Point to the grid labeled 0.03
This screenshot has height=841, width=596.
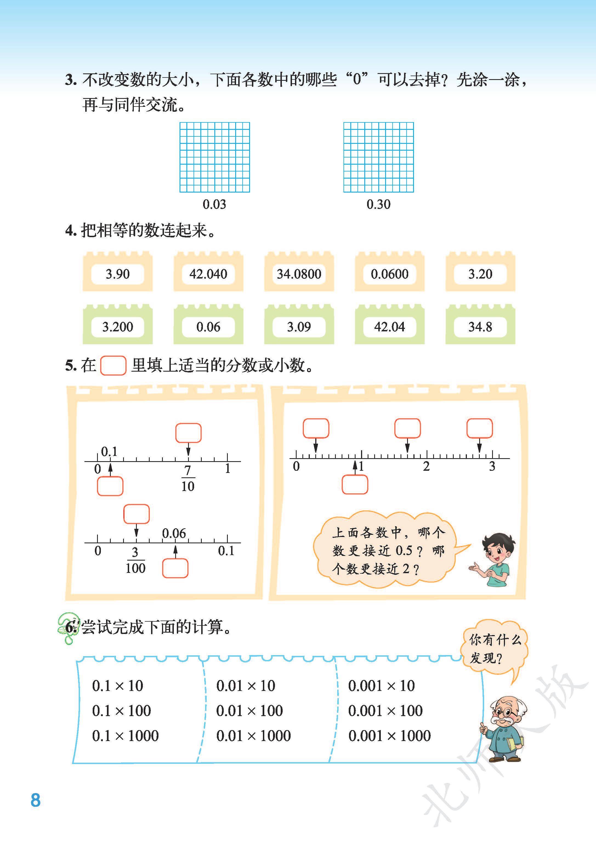tap(215, 157)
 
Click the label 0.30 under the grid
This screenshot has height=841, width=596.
tap(378, 204)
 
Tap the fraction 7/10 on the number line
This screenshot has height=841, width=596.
tap(188, 478)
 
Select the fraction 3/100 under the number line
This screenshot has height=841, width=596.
tap(135, 560)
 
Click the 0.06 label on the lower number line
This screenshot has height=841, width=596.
tap(174, 533)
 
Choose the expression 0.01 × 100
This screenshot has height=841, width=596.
tap(249, 710)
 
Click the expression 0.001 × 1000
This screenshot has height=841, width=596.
tap(389, 735)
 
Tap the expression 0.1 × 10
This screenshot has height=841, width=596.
tap(117, 685)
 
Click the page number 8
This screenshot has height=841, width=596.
tap(36, 800)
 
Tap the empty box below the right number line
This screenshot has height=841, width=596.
tap(354, 485)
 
